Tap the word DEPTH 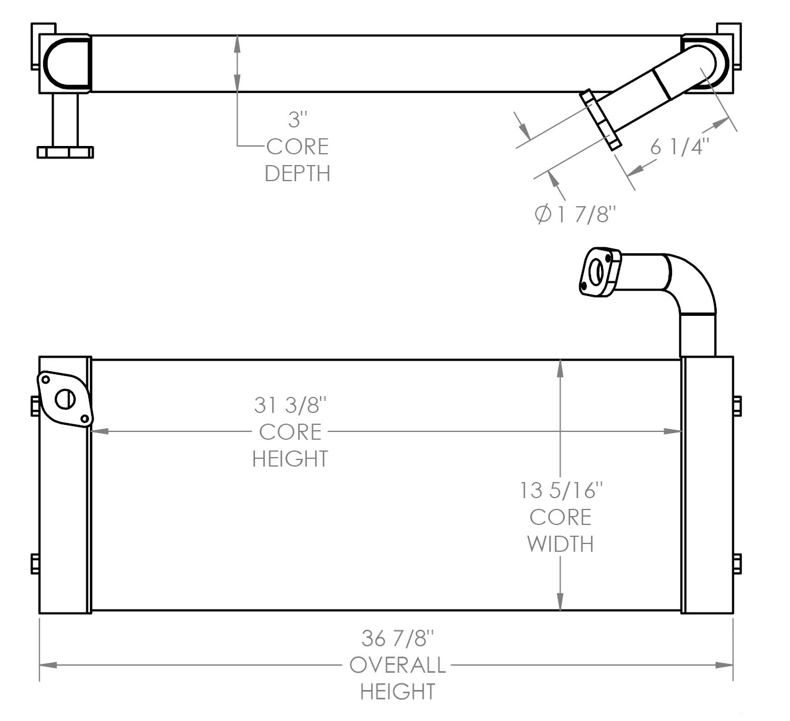pos(297,173)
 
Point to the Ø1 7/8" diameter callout pos(574,214)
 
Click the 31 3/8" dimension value pos(290,405)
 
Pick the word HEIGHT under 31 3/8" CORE pos(290,459)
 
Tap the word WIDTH pos(561,544)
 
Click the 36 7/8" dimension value pos(397,638)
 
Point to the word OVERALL pos(397,665)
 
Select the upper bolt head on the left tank pos(35,406)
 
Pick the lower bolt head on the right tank pos(737,563)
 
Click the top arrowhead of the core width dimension pos(560,368)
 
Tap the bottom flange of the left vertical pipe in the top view pos(66,152)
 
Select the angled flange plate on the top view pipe pos(601,120)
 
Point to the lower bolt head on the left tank pos(35,563)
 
